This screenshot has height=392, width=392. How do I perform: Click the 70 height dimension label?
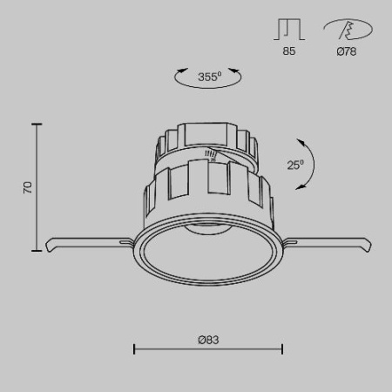click(28, 187)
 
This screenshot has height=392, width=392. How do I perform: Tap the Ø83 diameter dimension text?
click(208, 340)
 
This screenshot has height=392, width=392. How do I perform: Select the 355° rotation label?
click(210, 77)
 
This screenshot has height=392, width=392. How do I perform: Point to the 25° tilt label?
click(295, 165)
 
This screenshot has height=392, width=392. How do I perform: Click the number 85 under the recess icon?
click(289, 51)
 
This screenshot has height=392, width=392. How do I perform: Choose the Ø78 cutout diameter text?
click(347, 51)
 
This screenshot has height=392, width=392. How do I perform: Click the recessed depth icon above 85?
click(289, 29)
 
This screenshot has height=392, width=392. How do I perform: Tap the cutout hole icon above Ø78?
click(348, 29)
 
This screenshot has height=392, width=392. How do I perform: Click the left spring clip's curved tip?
click(49, 247)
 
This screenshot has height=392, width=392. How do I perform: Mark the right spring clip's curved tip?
click(368, 247)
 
